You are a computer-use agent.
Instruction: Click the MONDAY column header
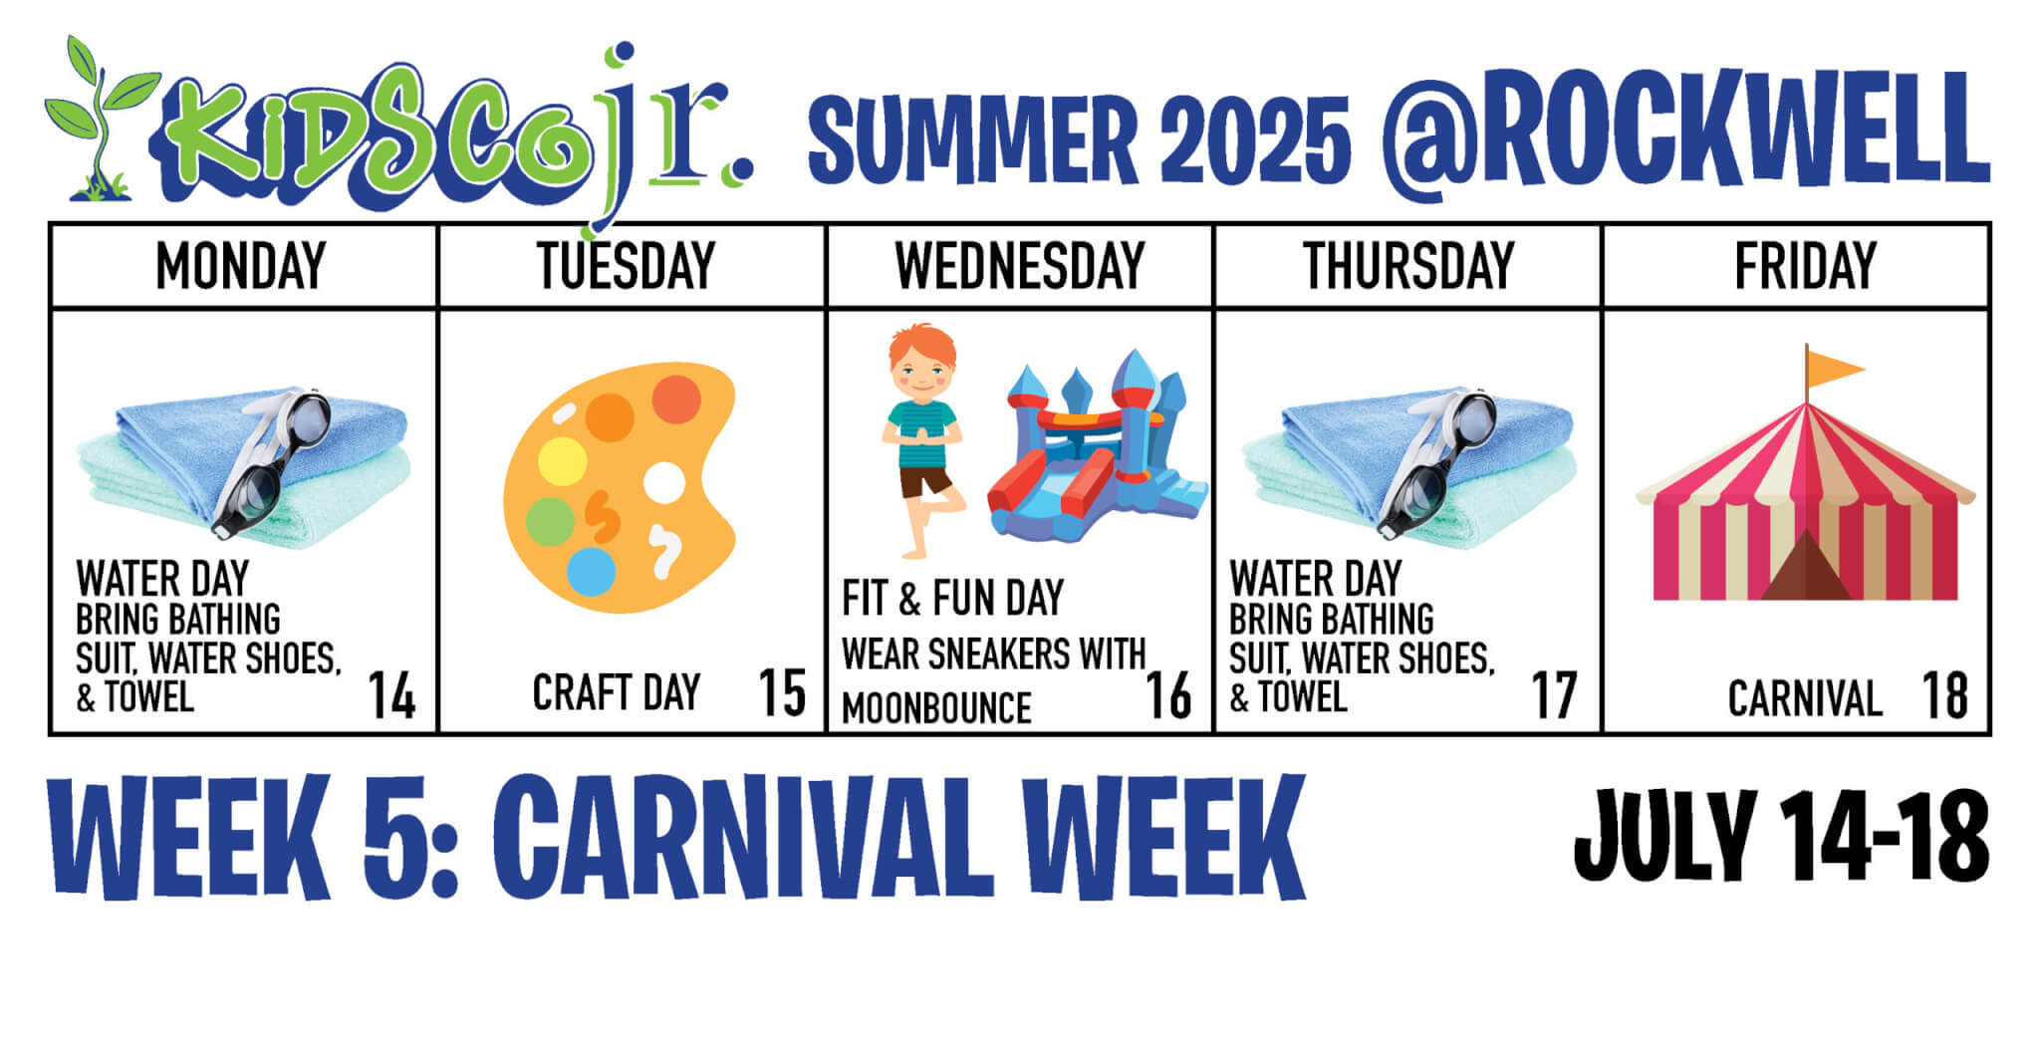click(x=241, y=266)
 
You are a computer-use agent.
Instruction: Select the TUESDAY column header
click(x=627, y=266)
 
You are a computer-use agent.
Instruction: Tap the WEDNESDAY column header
click(x=1020, y=266)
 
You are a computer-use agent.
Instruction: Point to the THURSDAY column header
click(x=1408, y=266)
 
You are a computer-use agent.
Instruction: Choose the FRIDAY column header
click(x=1805, y=266)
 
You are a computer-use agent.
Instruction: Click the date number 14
click(x=391, y=695)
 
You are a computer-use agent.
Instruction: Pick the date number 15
click(x=782, y=692)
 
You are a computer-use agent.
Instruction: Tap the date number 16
click(x=1168, y=695)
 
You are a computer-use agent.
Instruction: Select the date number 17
click(x=1554, y=695)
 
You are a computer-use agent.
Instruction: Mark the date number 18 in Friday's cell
click(x=1944, y=695)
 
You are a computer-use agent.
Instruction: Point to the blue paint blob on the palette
click(x=592, y=571)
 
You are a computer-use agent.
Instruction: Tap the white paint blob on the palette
click(x=664, y=483)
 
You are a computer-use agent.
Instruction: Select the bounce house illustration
click(x=1096, y=448)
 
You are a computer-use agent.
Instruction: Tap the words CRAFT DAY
click(x=617, y=693)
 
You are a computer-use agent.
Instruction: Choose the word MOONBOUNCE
click(x=936, y=708)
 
